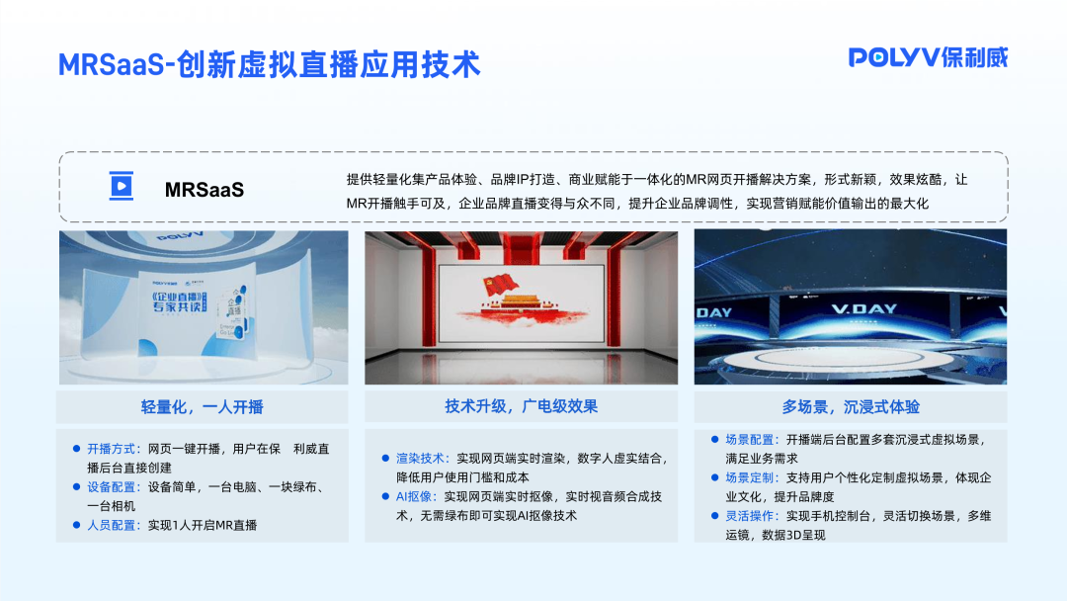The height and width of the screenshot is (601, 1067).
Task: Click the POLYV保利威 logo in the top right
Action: pyautogui.click(x=928, y=57)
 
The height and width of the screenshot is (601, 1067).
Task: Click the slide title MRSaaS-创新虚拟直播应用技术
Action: pyautogui.click(x=269, y=64)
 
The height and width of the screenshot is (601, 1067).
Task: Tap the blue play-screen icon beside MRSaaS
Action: pyautogui.click(x=121, y=186)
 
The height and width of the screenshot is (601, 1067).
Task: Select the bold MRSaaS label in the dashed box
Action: pyautogui.click(x=204, y=188)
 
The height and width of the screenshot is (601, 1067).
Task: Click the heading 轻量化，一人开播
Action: pyautogui.click(x=203, y=407)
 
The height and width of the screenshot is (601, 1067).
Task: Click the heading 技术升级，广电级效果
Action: pyautogui.click(x=521, y=406)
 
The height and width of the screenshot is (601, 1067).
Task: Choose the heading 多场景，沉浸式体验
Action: pyautogui.click(x=851, y=407)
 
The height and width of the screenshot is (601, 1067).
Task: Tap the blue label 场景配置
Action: pyautogui.click(x=752, y=439)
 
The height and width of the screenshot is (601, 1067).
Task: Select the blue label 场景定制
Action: pyautogui.click(x=752, y=477)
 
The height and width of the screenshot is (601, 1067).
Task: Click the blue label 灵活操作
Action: pyautogui.click(x=752, y=516)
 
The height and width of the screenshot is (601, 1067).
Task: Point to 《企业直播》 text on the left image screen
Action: pyautogui.click(x=175, y=298)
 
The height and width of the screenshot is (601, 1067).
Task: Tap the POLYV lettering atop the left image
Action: pyautogui.click(x=179, y=238)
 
